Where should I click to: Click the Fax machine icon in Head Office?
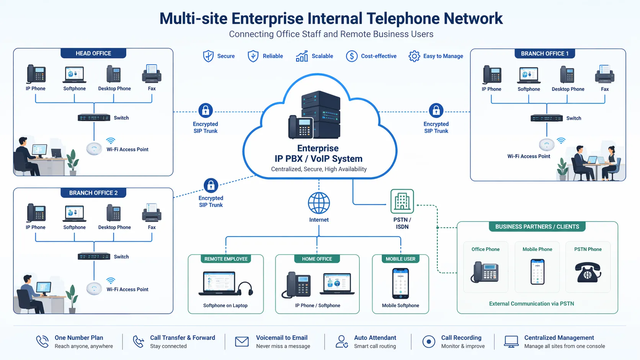(x=152, y=74)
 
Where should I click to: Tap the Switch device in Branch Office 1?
(x=546, y=118)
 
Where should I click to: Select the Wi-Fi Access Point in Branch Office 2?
(x=94, y=288)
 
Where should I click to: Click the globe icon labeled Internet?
(x=319, y=203)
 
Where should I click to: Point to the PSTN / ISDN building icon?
(x=402, y=201)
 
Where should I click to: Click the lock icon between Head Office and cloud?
(x=206, y=111)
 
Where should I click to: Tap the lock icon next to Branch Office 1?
(x=436, y=111)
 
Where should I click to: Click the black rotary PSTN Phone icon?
(x=588, y=272)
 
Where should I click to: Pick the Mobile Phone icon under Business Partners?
(x=537, y=272)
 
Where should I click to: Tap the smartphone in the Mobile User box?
(x=400, y=283)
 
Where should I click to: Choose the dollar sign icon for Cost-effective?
(x=351, y=56)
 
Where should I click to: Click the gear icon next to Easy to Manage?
(x=414, y=56)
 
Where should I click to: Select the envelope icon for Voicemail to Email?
(x=242, y=341)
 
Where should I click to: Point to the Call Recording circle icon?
(x=429, y=341)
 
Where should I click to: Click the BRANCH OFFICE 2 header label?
(x=93, y=193)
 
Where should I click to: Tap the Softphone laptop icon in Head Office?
(x=74, y=75)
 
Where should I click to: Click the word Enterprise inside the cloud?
(x=318, y=148)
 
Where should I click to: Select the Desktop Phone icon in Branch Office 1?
(x=567, y=75)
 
